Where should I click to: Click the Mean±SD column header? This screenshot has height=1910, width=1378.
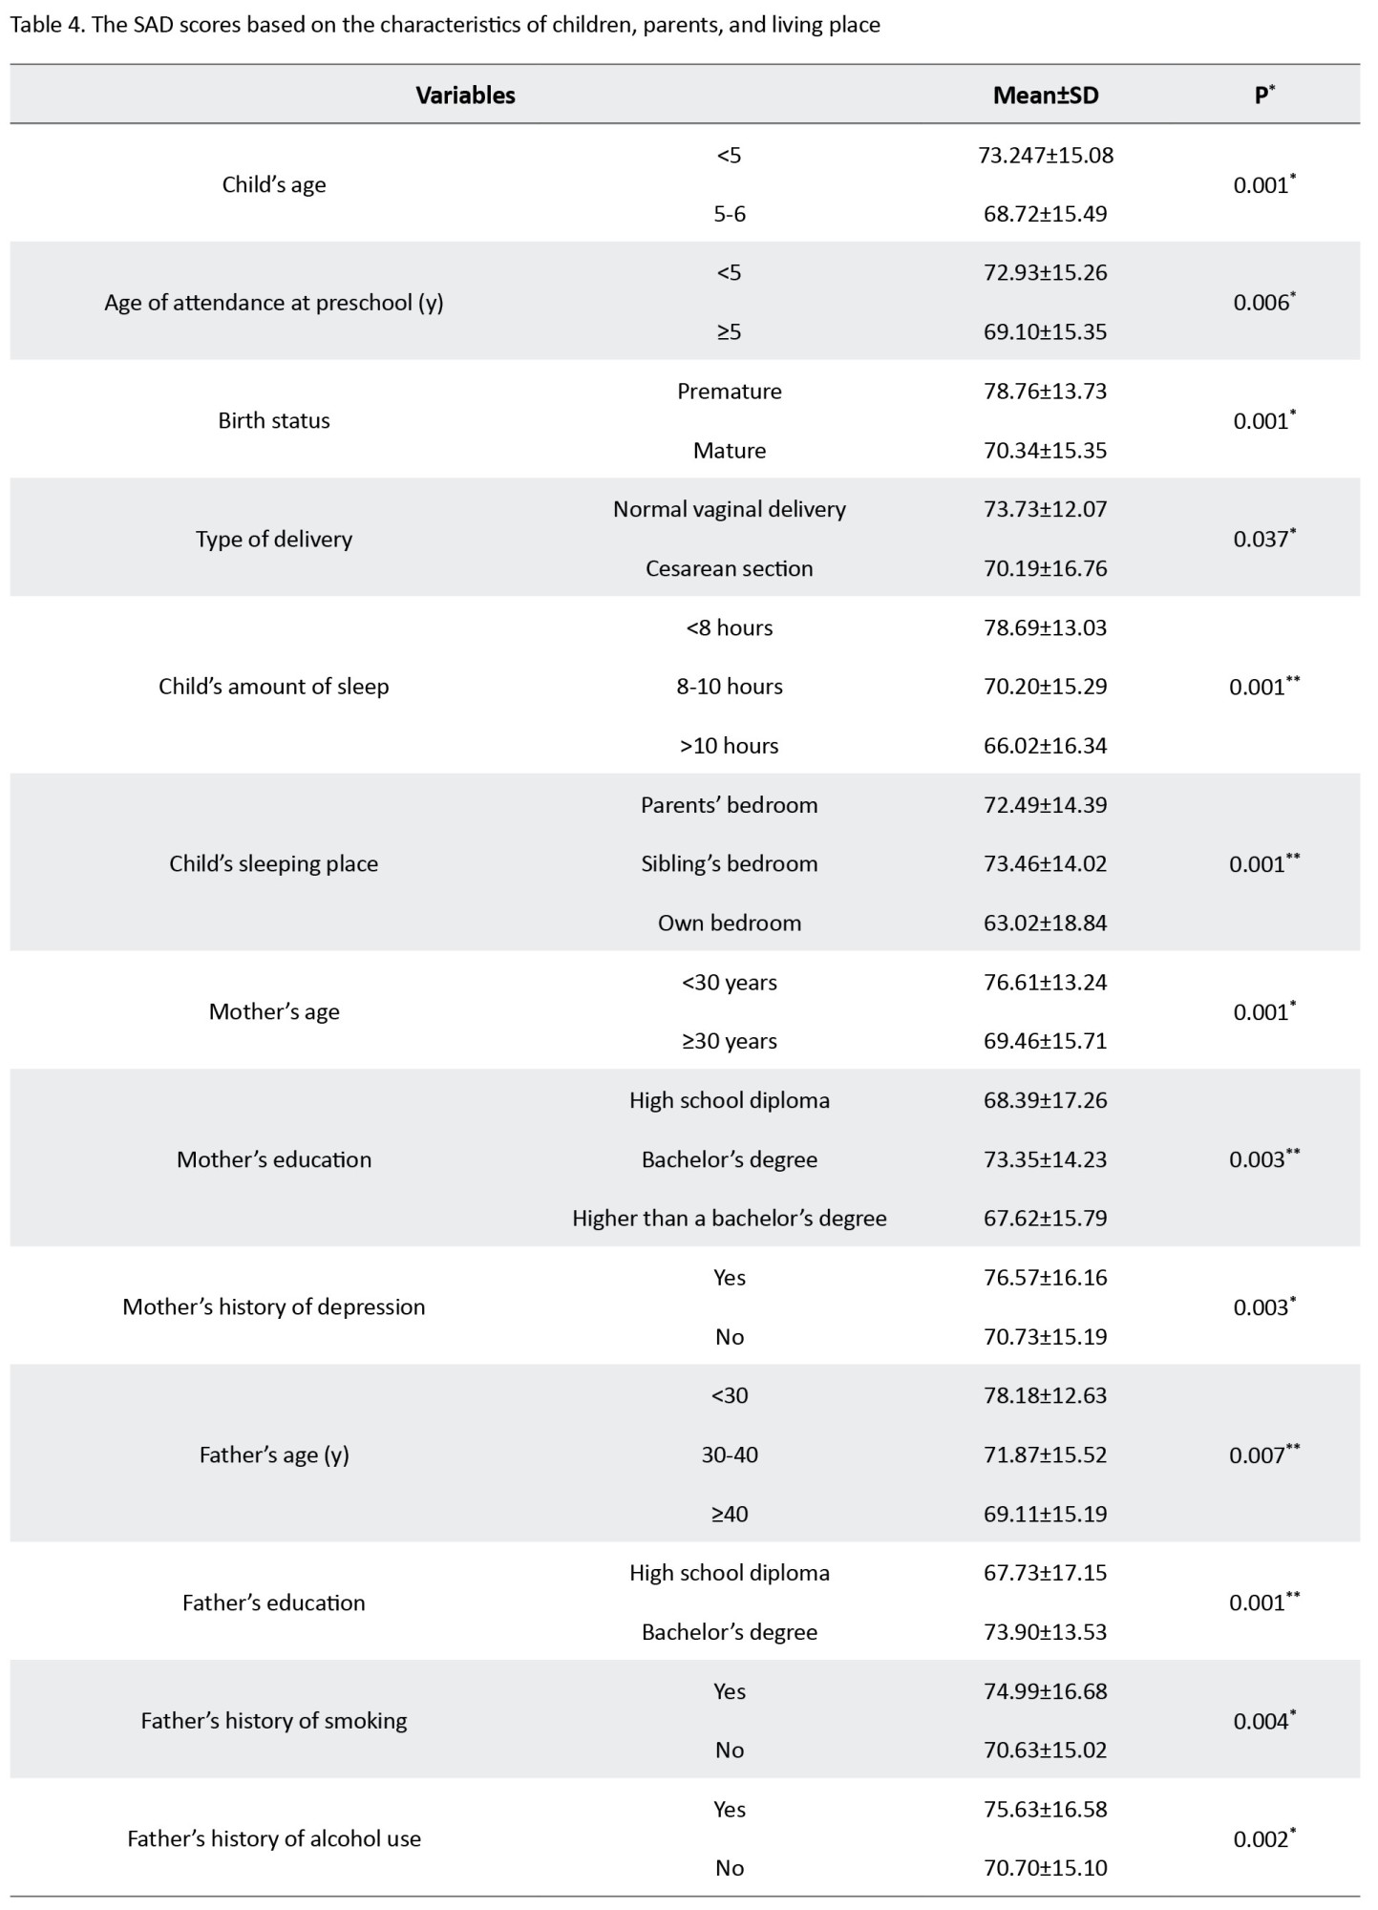click(1045, 95)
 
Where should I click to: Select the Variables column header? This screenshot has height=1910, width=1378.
click(465, 95)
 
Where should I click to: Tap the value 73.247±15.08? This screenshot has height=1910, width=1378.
click(1045, 155)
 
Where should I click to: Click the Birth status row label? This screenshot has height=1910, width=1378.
click(274, 420)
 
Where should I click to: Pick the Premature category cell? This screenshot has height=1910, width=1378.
click(729, 391)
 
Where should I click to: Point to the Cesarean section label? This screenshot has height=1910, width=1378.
click(729, 568)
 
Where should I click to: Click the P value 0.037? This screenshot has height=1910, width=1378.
click(1261, 539)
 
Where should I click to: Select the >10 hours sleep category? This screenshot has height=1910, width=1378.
click(729, 746)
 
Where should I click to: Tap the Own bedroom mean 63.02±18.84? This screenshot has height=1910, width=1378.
click(1045, 923)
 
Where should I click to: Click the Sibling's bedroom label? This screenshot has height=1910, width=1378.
click(729, 863)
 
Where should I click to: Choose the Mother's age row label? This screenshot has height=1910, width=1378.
click(274, 1011)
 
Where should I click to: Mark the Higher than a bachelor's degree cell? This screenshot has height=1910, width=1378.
click(729, 1218)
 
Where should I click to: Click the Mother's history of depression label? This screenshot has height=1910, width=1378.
click(274, 1306)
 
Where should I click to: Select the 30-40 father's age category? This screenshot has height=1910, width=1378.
click(729, 1454)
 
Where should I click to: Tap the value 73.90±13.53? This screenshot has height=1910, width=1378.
click(1045, 1631)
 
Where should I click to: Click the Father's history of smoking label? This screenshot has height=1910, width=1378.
click(274, 1720)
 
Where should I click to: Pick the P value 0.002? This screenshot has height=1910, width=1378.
click(1261, 1838)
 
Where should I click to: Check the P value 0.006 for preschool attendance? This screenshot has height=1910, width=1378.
click(1261, 302)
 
